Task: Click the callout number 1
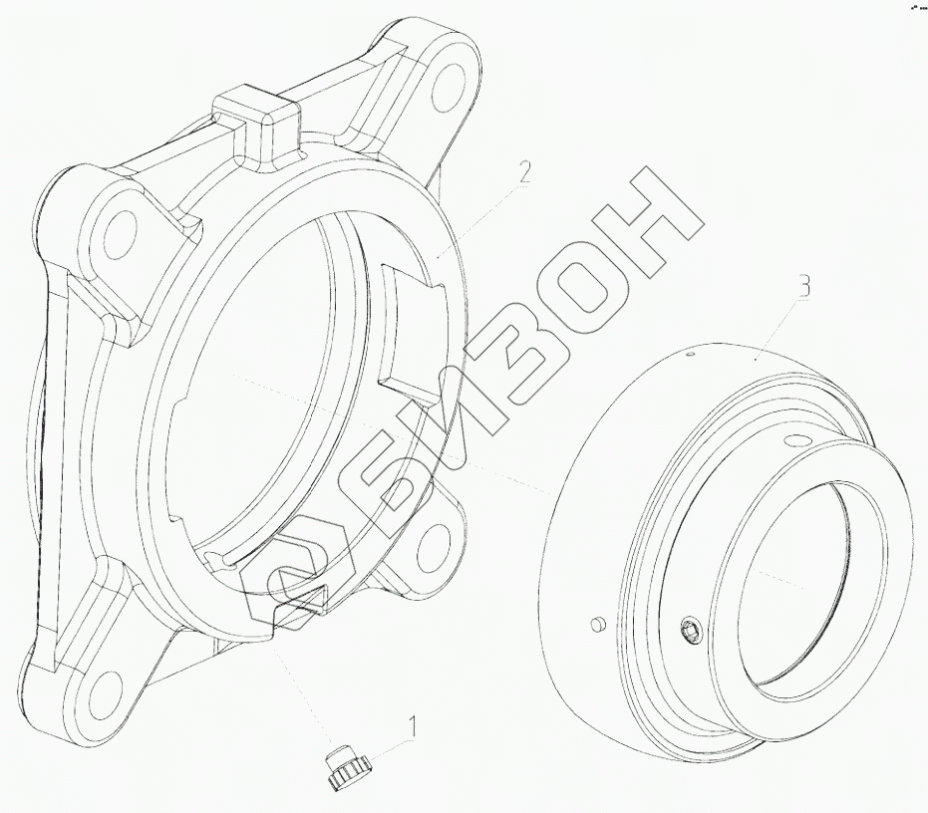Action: coord(412,727)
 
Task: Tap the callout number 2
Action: coord(523,172)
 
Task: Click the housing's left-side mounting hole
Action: coord(120,234)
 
